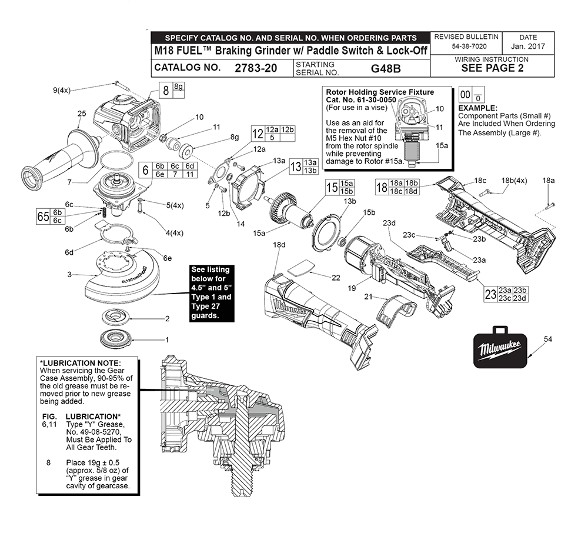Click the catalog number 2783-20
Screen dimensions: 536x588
[255, 68]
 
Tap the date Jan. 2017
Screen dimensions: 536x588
[527, 46]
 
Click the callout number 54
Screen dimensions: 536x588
[548, 339]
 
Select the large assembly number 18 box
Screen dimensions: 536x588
[381, 188]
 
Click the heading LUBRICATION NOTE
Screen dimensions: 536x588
[81, 362]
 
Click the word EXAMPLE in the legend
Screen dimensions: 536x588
[477, 108]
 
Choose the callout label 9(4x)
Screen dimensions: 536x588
[62, 90]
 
